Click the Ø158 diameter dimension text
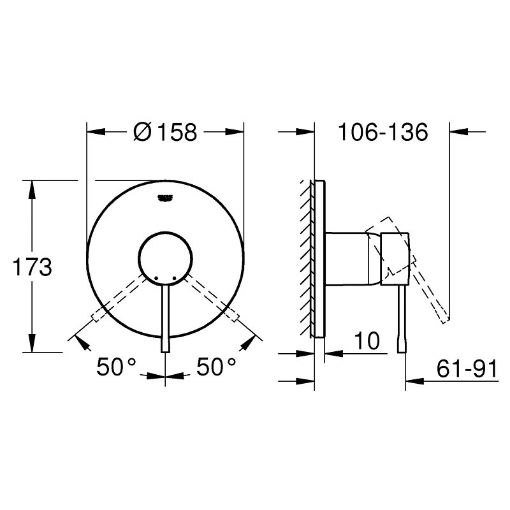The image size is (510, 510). tap(165, 133)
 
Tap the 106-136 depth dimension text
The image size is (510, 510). tap(382, 133)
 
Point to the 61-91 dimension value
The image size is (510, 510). tap(467, 368)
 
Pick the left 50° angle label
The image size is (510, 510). tap(117, 367)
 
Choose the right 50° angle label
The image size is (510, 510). tap(216, 367)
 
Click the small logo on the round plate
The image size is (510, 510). tap(165, 198)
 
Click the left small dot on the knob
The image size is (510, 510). tap(155, 278)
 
